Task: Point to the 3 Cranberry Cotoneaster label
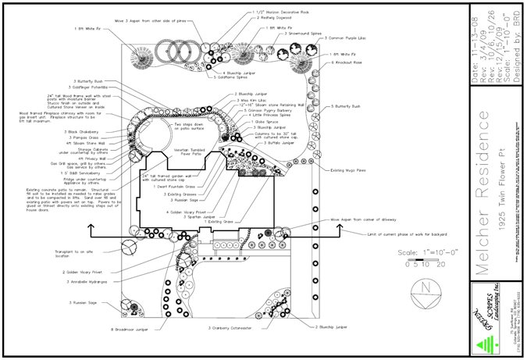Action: (234, 329)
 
